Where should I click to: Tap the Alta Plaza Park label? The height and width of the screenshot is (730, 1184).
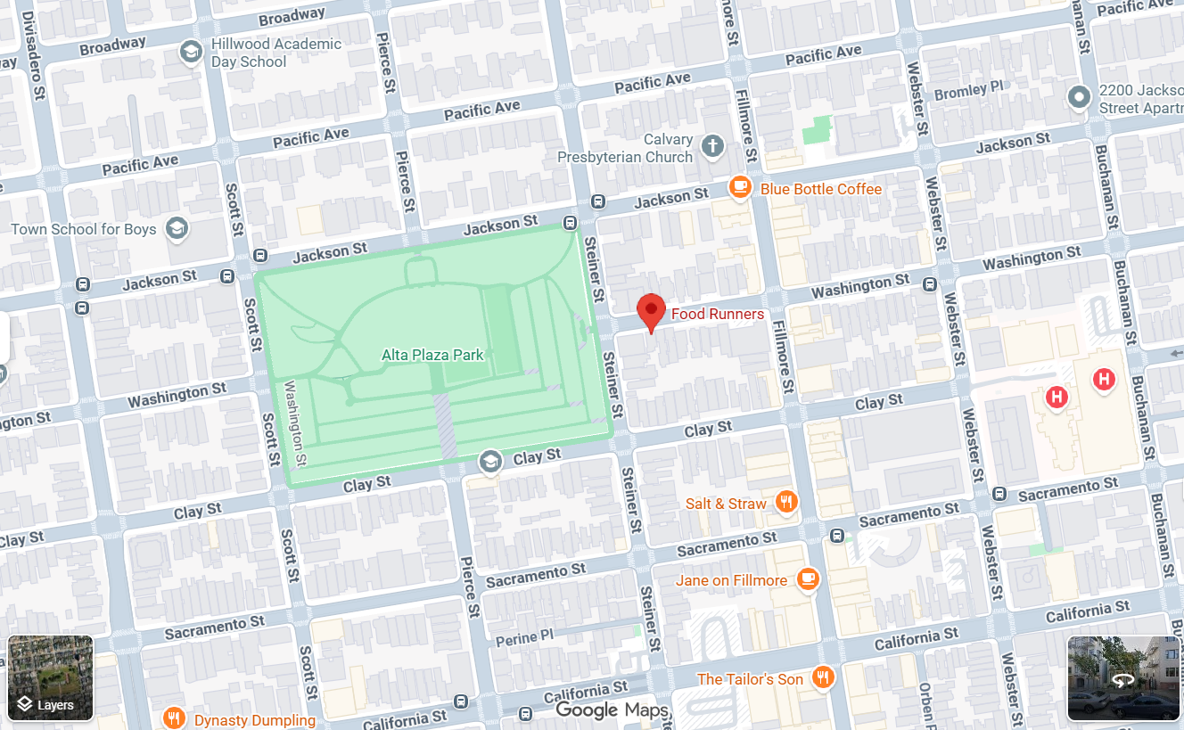[x=432, y=355]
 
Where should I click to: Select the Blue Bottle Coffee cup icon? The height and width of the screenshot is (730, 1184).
[x=740, y=187]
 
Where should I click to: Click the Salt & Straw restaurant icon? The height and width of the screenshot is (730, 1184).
[x=785, y=503]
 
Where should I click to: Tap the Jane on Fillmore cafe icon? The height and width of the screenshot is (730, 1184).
[x=808, y=579]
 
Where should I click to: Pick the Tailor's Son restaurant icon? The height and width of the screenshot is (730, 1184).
[x=823, y=677]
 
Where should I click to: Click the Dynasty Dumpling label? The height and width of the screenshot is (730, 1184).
[x=255, y=719]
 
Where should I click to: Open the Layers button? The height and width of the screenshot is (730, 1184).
[x=51, y=677]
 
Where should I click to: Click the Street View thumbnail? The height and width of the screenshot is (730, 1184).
[x=1123, y=677]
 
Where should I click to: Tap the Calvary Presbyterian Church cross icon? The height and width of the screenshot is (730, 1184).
[x=712, y=146]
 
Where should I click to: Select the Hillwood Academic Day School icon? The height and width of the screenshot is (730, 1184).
[x=190, y=53]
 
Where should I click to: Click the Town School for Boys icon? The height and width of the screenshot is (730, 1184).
[x=177, y=229]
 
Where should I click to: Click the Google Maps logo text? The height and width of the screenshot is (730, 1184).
[x=612, y=709]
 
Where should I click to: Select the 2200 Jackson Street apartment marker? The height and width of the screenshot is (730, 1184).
[x=1080, y=96]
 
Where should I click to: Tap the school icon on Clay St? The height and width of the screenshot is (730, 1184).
[x=489, y=461]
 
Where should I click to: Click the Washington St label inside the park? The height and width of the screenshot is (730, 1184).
[x=295, y=423]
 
